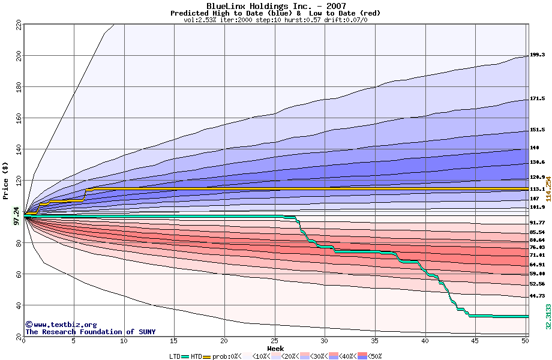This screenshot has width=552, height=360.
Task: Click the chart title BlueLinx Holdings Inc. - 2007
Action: [x=275, y=6]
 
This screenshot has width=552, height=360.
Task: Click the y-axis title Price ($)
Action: [x=5, y=185]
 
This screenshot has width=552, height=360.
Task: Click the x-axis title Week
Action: [x=275, y=349]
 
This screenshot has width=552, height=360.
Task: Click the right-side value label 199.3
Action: [x=537, y=55]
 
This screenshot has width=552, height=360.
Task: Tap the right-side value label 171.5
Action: [x=537, y=98]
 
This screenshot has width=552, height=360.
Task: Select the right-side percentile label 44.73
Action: [x=537, y=296]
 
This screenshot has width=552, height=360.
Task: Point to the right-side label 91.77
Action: [x=537, y=223]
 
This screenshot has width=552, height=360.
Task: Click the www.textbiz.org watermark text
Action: [x=61, y=325]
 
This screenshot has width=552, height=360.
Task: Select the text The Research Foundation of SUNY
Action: [x=90, y=332]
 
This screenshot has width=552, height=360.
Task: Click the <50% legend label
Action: [x=374, y=356]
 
